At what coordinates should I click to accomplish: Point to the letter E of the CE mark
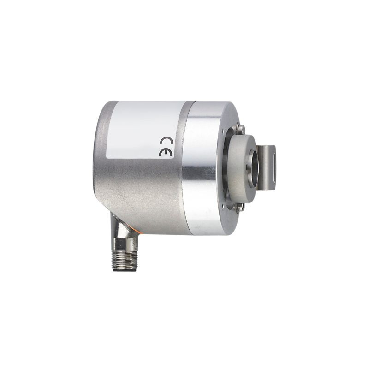pos(163,152)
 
